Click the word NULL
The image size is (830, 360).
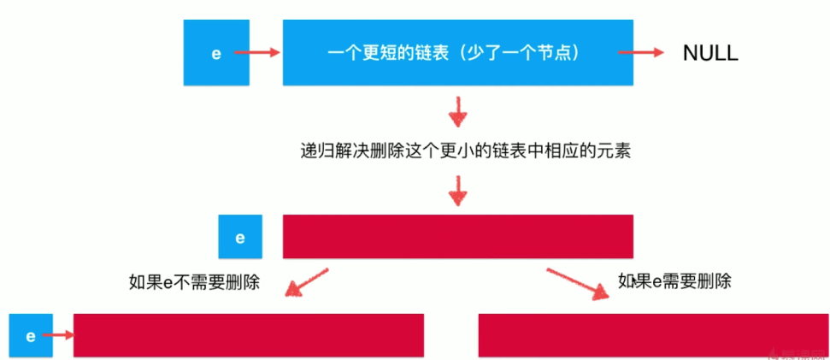coord(709,53)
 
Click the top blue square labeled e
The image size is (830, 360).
coord(216,53)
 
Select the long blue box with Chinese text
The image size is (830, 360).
coord(457,53)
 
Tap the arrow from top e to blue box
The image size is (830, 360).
coord(257,53)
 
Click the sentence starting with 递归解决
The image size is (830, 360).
coord(459,150)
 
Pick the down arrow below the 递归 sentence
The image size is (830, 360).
coord(459,190)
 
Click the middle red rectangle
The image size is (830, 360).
coord(457,236)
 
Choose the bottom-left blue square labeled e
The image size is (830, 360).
coord(30,335)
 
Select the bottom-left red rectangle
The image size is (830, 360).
coord(249,335)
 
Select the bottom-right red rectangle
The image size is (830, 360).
coord(653,335)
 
